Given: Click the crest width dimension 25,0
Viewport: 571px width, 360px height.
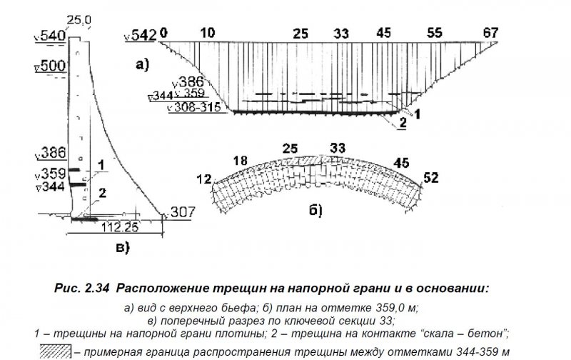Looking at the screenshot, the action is coord(79,20).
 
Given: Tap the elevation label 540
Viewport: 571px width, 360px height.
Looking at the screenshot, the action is coord(53,36).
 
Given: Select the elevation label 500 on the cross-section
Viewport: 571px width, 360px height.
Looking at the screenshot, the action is coord(53,66).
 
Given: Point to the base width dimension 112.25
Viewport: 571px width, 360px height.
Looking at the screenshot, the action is coord(120,227).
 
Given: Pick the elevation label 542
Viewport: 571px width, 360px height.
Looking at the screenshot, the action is coord(143,35).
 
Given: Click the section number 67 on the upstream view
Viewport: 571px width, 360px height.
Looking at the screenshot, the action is coord(490,33).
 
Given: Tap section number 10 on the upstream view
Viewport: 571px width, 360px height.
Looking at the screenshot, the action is coord(208,33).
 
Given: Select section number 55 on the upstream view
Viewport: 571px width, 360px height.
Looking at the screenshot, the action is coord(435,33).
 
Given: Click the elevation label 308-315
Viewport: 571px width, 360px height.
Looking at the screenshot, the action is coord(197,107).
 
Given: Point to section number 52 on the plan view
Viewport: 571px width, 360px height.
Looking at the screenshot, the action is coord(431,178).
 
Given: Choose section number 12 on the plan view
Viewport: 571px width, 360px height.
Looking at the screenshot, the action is coord(204,179).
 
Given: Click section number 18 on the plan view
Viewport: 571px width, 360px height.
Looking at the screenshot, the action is coord(241,161).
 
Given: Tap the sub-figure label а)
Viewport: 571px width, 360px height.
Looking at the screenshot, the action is coord(142,65).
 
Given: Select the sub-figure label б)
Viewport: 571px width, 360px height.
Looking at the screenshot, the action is coord(315,211).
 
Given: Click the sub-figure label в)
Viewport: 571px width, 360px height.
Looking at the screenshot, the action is coord(123,248).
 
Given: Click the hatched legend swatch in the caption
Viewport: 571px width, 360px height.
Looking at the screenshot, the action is coord(56,351).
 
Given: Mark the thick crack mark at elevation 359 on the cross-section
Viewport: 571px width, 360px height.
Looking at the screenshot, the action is coord(74,170).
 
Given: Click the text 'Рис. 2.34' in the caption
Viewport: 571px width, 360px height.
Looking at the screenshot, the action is coord(81,289).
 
